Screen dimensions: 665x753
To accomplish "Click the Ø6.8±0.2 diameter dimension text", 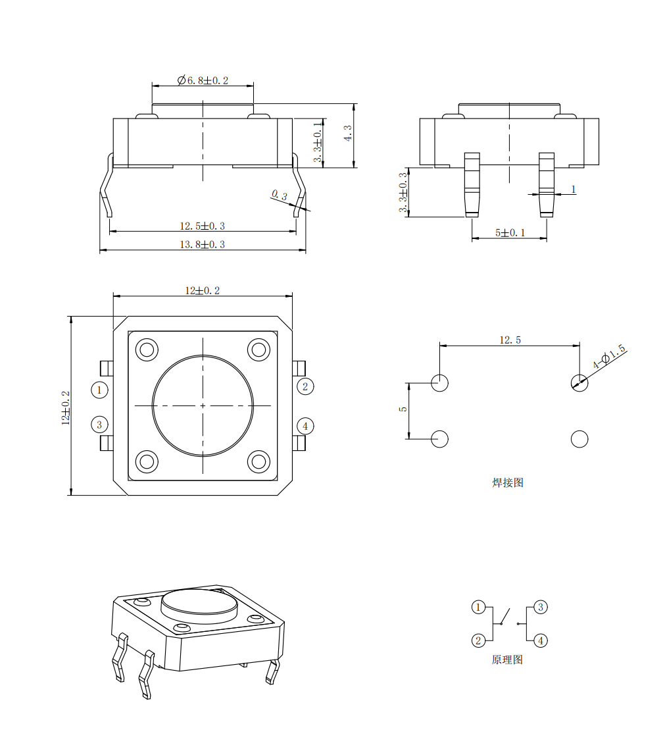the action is (203, 80).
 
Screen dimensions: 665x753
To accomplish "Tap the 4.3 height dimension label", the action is (348, 133).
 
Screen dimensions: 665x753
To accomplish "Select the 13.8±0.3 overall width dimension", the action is (202, 244).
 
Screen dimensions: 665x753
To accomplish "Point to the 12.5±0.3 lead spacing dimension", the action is (202, 226).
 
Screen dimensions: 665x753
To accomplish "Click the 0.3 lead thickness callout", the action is (280, 195).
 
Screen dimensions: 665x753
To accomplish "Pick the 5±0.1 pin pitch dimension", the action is (510, 233).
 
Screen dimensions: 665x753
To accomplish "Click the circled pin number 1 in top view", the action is (99, 390).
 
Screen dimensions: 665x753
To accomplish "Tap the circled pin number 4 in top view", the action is (305, 426).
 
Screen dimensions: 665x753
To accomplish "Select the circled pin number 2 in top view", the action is (305, 386).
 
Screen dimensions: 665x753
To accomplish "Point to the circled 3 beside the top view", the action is (99, 425).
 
